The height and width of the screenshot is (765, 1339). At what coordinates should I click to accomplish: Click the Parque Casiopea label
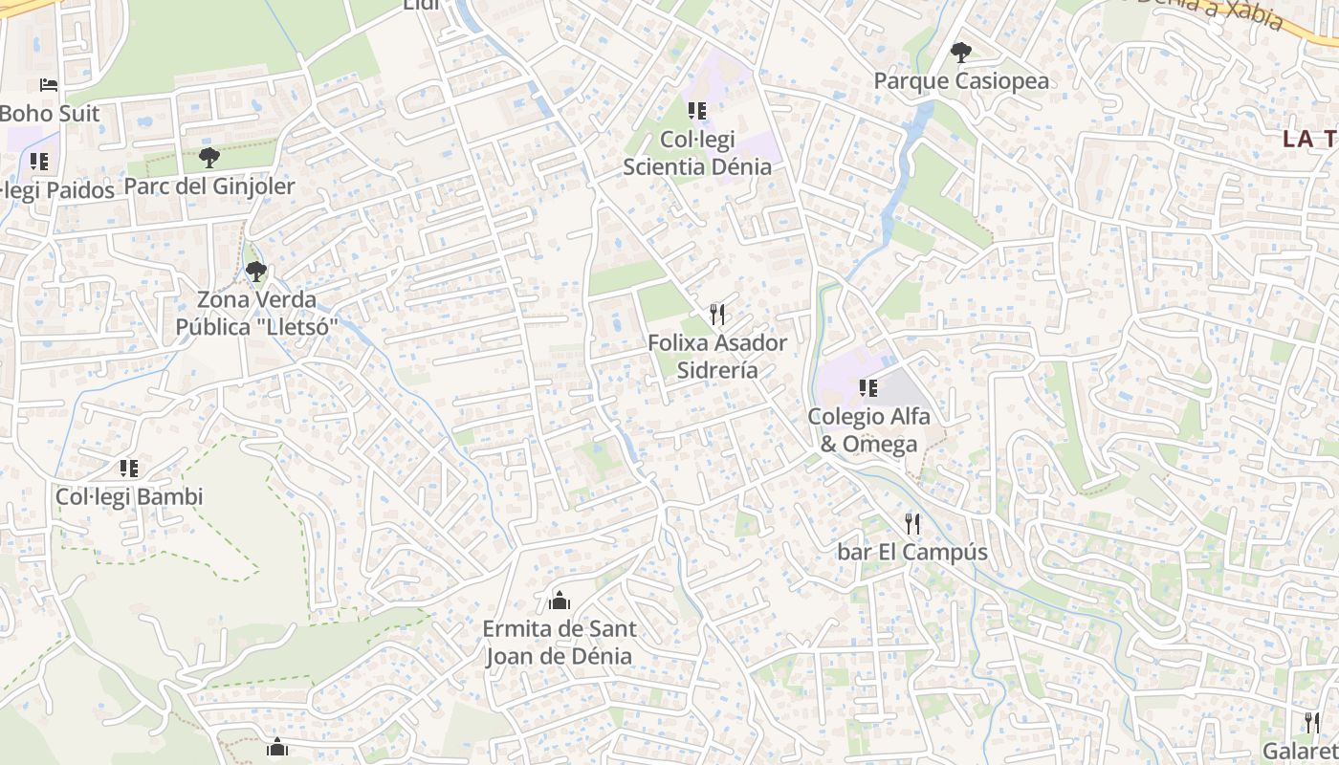[x=961, y=81]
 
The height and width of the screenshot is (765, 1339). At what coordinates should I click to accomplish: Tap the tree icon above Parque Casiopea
[x=961, y=53]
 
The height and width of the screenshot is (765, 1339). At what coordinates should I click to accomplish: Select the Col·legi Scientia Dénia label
[x=697, y=153]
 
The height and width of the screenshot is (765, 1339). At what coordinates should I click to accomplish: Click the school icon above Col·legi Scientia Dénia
[x=697, y=111]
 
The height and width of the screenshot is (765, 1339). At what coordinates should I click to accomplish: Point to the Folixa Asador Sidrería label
[x=717, y=356]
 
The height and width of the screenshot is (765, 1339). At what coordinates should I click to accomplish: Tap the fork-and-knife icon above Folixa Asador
[x=717, y=314]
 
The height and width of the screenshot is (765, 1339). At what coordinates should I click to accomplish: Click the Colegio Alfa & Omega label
[x=867, y=429]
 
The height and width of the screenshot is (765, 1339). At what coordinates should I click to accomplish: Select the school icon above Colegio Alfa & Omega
[x=867, y=387]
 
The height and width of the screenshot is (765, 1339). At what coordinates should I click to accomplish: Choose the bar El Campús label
[x=911, y=552]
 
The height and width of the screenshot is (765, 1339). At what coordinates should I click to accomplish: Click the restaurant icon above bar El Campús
[x=911, y=523]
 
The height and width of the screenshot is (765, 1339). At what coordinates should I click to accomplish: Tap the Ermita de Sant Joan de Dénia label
[x=560, y=643]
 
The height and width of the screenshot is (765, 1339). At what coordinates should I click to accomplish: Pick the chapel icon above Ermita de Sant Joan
[x=560, y=601]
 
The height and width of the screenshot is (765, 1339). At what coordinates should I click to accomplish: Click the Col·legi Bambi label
[x=129, y=497]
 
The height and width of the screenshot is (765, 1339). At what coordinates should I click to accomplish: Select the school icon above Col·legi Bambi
[x=129, y=469]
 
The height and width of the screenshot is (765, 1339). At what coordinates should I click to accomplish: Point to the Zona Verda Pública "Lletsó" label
[x=256, y=314]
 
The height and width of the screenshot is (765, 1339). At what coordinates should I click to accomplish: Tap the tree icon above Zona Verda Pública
[x=255, y=272]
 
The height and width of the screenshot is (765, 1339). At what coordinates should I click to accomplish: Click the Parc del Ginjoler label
[x=209, y=186]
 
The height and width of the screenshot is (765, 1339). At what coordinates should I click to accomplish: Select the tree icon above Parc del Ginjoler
[x=209, y=157]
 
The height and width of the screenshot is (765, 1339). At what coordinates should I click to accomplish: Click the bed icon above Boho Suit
[x=49, y=85]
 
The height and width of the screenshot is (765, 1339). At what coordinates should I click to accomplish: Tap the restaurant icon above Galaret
[x=1312, y=722]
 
